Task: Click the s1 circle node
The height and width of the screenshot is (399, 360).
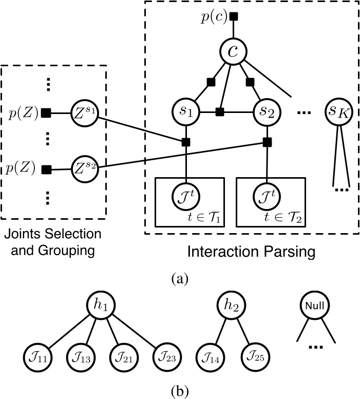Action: (186, 110)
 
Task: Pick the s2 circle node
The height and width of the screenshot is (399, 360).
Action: (267, 110)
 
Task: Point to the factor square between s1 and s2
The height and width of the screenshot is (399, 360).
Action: (220, 111)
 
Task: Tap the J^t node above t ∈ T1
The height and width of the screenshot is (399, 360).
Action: (186, 197)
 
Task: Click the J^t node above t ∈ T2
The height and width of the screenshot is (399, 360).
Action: (267, 197)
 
